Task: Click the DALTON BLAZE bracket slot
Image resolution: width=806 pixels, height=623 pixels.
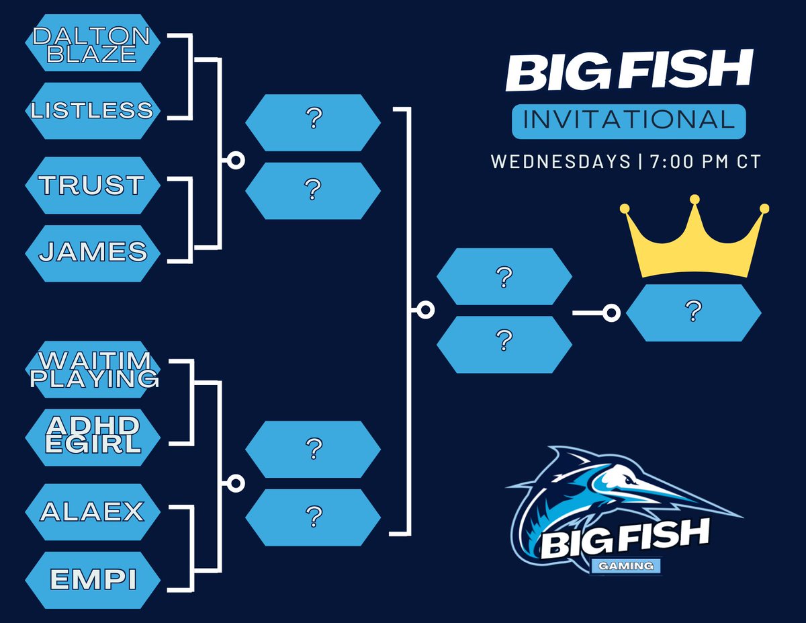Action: pos(93,42)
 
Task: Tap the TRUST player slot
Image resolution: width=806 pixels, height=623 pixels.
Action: pos(93,185)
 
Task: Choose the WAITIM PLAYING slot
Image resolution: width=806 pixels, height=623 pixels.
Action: pos(93,370)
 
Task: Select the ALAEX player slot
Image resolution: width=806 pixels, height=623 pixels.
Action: pos(93,512)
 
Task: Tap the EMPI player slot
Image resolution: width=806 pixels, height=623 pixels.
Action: pos(93,580)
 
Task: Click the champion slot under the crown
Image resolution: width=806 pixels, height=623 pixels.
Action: pos(693,313)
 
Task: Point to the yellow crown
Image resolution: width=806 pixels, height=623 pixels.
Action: pos(695,242)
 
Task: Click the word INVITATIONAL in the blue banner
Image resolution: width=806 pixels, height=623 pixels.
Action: pos(628,120)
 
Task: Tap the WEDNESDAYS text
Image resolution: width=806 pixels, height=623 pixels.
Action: pos(559,162)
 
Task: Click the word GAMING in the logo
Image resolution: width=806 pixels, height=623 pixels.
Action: pos(627,567)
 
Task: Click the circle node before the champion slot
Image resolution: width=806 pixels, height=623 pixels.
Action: pos(611,313)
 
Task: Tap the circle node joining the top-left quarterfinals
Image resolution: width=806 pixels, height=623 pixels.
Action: pos(236,160)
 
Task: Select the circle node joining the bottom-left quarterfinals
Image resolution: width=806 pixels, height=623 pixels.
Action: pos(236,483)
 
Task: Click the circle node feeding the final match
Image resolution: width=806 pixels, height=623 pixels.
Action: pos(424,310)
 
